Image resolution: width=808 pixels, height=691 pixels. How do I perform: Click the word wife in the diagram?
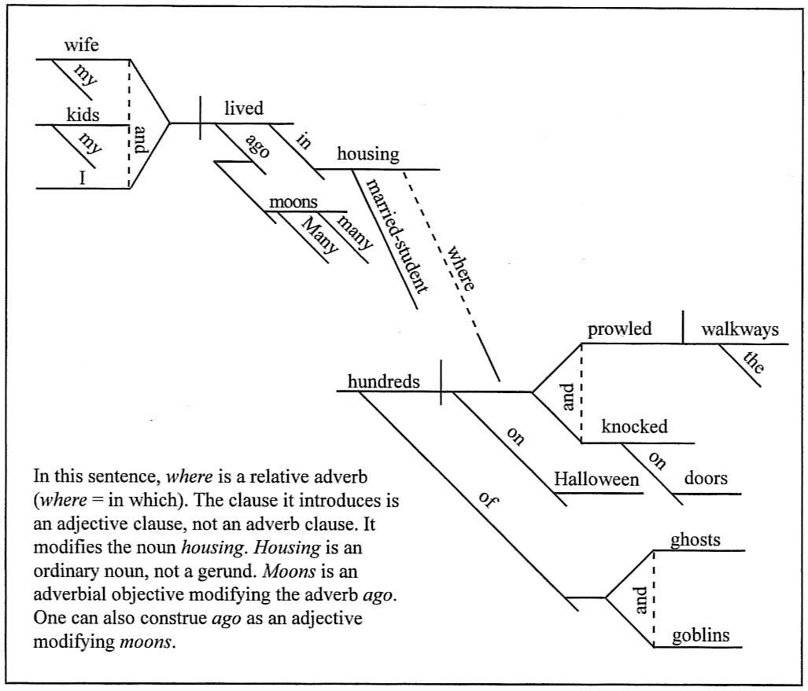click(81, 46)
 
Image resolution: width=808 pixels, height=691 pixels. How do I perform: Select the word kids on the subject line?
click(83, 114)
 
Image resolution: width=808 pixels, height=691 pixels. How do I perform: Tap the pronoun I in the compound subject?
click(81, 178)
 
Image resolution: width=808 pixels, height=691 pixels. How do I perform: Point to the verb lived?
click(244, 108)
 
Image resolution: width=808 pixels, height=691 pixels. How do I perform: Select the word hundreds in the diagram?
click(383, 381)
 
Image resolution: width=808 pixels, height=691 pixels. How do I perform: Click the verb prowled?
click(620, 329)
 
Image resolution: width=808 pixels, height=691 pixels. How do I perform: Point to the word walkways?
click(740, 329)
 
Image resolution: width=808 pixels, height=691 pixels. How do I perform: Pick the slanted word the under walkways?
click(753, 362)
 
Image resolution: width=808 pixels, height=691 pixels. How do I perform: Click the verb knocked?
click(634, 426)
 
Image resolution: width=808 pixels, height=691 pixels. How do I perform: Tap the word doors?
click(706, 477)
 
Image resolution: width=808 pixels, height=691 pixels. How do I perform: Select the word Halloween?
click(596, 479)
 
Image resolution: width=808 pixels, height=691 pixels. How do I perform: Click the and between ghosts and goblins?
click(640, 600)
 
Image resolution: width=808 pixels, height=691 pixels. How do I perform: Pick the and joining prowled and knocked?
click(569, 401)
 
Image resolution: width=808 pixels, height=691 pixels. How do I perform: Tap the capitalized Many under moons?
click(319, 233)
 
